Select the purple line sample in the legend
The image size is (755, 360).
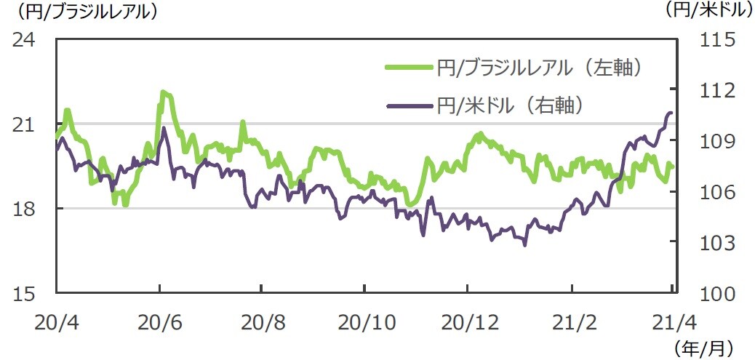(x=408, y=106)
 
